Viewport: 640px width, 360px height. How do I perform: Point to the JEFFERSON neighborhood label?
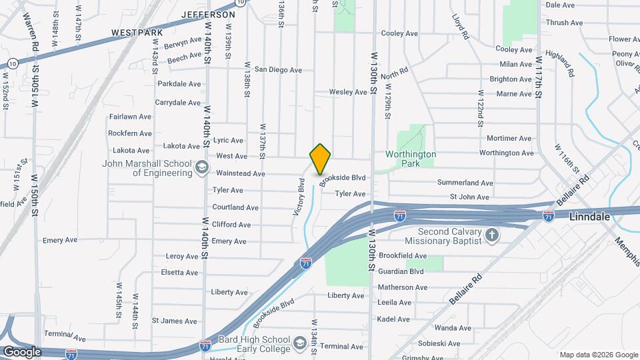(208, 14)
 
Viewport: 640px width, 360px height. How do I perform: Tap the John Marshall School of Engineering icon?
(201, 168)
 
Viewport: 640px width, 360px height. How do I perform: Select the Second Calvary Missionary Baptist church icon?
(491, 235)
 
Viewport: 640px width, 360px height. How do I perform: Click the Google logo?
(22, 351)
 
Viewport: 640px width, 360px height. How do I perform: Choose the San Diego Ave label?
(278, 69)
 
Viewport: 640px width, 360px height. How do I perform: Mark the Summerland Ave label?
(465, 183)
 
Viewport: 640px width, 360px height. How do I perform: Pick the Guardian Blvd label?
(401, 271)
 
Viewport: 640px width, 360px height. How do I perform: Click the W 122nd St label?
(480, 109)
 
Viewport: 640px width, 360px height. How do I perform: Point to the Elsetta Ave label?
(179, 273)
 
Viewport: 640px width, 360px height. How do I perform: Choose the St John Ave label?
(469, 197)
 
